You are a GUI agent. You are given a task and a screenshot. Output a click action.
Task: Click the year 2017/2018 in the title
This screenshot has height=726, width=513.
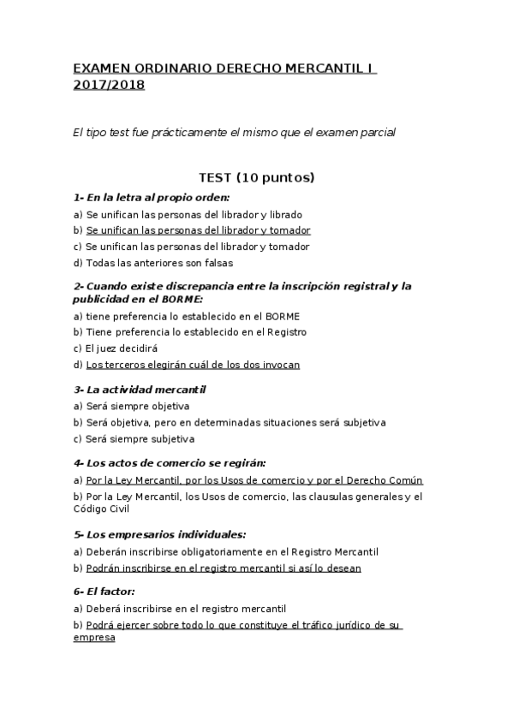[x=109, y=85]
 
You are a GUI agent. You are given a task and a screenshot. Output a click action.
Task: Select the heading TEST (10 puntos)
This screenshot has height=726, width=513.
[x=257, y=178]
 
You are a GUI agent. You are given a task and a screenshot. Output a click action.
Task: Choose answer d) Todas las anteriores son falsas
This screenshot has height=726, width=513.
[x=153, y=263]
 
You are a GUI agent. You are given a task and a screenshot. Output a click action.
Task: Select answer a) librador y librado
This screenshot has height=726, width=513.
[x=188, y=215]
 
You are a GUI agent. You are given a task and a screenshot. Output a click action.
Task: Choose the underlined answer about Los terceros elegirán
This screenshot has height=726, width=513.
[x=193, y=365]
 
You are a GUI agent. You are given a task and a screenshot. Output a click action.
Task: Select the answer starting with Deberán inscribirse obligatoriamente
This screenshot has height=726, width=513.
[x=226, y=552]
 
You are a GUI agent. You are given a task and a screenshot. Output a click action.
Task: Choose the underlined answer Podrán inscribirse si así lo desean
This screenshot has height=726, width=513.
[x=223, y=568]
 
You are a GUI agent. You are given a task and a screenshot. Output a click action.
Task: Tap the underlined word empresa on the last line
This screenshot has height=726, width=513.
[x=94, y=639]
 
